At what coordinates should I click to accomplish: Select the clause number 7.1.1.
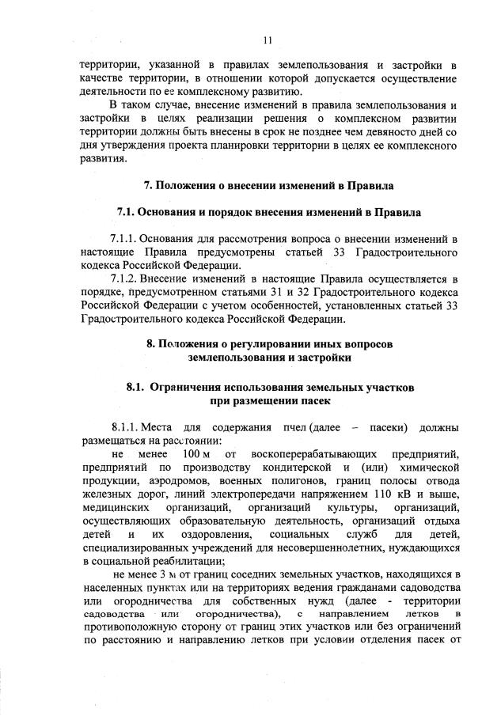(x=125, y=239)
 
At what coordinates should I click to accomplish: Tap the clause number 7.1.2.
(x=125, y=278)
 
